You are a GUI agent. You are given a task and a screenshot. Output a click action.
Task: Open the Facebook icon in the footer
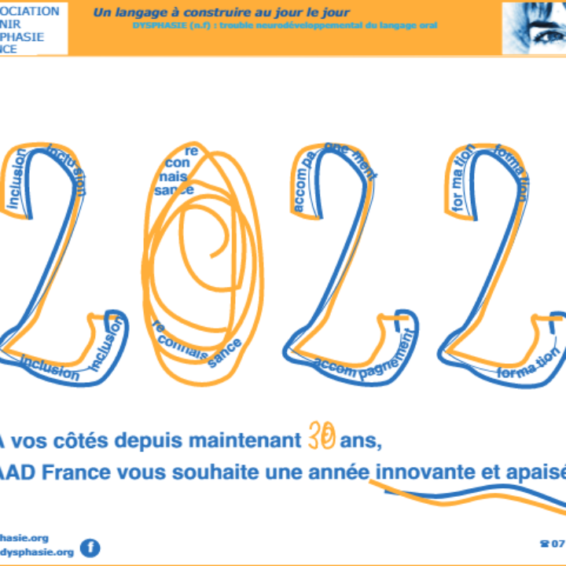[x=90, y=547]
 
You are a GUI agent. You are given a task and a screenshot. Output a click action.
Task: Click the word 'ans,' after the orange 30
[x=361, y=442]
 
